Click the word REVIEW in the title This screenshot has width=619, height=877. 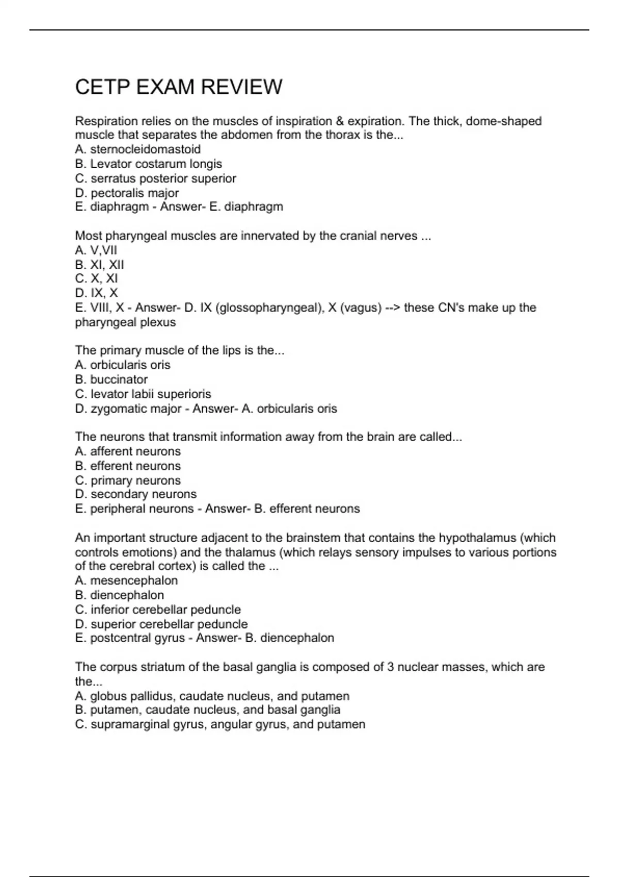(241, 87)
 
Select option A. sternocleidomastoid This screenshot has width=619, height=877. (138, 150)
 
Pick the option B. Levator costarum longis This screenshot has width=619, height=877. (149, 164)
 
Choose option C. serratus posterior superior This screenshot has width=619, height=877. (155, 178)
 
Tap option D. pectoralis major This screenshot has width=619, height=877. (127, 193)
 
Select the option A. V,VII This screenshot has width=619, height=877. (96, 250)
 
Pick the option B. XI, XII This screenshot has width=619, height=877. (100, 265)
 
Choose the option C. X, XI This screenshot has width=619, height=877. (96, 279)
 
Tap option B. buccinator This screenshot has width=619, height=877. (111, 380)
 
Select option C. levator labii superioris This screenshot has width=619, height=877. (143, 394)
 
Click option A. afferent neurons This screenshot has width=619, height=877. (128, 451)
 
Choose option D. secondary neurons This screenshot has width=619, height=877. (136, 494)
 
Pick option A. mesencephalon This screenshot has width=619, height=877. (126, 580)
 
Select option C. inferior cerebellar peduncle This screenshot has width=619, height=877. (158, 610)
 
